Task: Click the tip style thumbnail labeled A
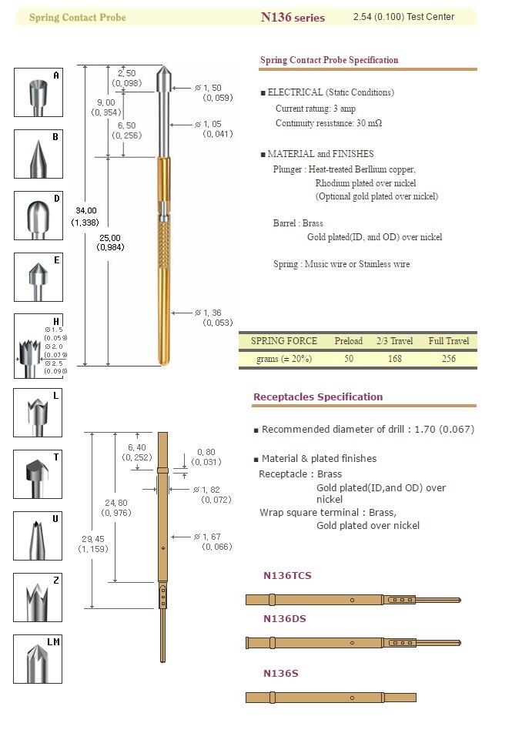point(38,93)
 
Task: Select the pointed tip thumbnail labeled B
point(38,154)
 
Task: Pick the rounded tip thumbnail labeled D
point(38,216)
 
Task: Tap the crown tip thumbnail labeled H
point(38,346)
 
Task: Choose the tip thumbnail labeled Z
point(38,597)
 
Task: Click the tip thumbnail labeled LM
point(38,658)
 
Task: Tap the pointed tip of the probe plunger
point(164,70)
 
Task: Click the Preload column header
point(349,341)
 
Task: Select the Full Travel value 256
point(449,359)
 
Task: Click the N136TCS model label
point(287,576)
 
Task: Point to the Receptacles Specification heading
point(318,397)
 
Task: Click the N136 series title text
point(293,17)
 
